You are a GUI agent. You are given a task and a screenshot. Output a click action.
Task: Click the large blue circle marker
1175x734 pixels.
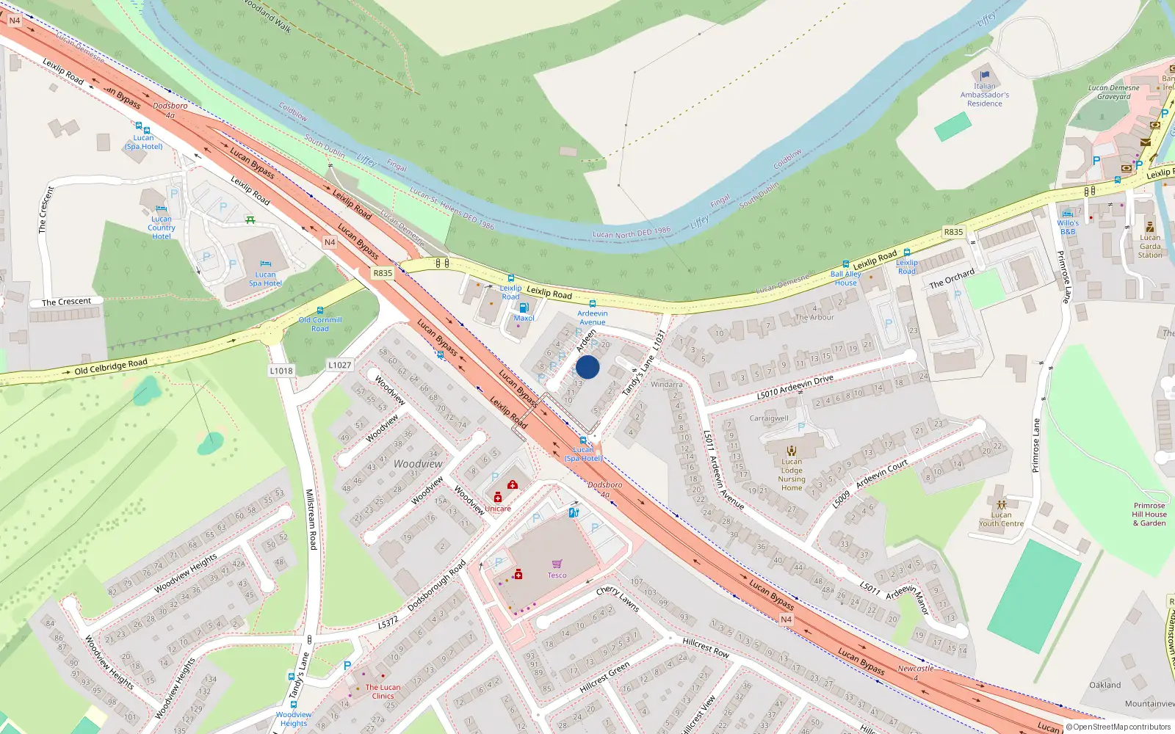[587, 367]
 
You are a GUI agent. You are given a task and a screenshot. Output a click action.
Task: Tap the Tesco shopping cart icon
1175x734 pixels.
[557, 564]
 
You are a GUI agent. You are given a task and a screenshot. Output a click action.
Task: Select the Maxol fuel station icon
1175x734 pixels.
[524, 308]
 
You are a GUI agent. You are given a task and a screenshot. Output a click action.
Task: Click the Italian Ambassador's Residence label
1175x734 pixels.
[985, 95]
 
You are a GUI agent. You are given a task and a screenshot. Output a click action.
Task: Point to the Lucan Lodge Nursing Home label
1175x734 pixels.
[792, 475]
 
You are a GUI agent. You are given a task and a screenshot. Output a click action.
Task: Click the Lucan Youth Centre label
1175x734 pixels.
[1001, 519]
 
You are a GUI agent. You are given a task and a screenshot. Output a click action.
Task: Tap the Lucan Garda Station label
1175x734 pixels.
[1150, 246]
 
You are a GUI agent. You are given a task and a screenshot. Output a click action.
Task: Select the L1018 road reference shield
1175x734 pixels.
[281, 371]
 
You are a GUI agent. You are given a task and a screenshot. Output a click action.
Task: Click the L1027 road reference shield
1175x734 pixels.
[339, 365]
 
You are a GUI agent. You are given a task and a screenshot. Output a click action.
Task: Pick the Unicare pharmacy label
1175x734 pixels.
[497, 509]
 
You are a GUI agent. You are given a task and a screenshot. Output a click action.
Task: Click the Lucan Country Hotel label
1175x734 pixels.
[162, 228]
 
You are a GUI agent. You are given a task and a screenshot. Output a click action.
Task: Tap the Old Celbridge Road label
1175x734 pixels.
[111, 366]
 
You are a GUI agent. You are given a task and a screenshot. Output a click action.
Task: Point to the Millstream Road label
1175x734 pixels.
[311, 519]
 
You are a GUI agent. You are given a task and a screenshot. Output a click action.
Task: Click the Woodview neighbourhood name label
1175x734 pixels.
[418, 464]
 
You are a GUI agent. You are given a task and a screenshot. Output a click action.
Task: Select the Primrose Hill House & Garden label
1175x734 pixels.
[1149, 514]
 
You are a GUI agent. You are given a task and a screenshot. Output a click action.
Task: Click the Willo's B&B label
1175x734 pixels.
[1068, 227]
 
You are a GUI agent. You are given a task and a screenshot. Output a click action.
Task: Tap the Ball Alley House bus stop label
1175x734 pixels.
[845, 278]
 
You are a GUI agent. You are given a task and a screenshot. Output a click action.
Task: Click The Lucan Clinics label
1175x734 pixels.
[383, 691]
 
